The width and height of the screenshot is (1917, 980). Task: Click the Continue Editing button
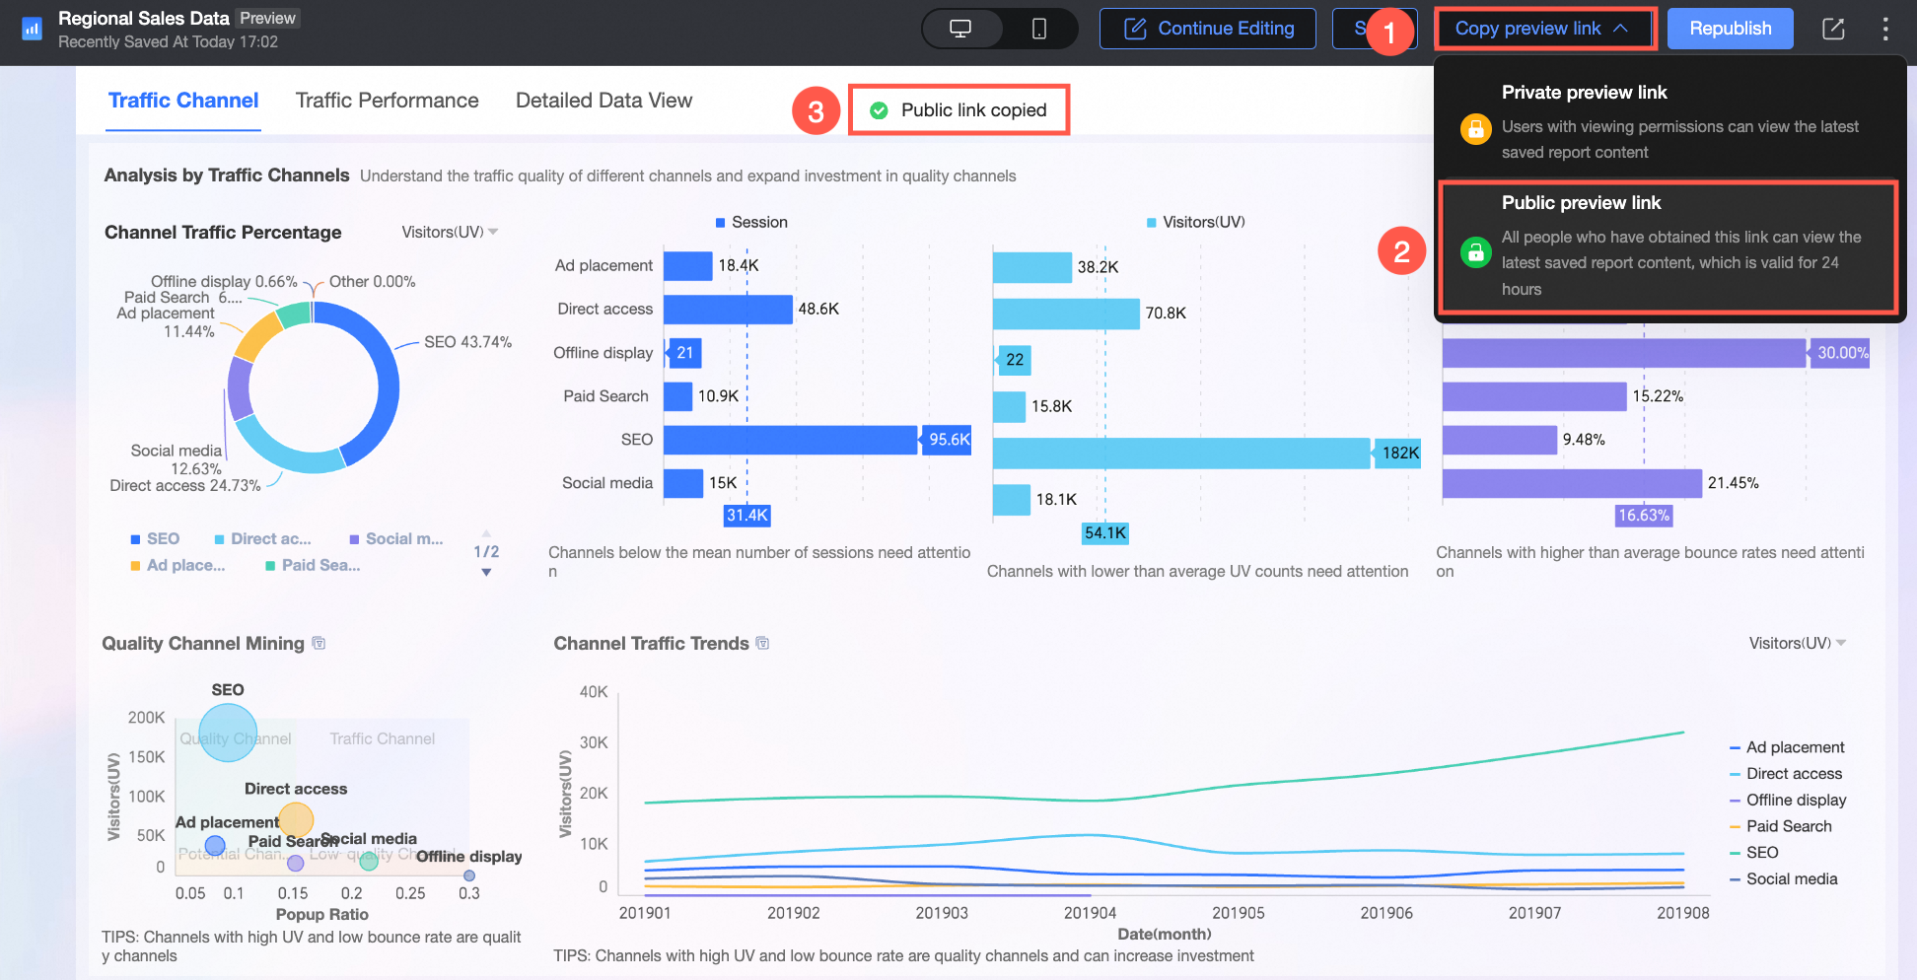pyautogui.click(x=1208, y=29)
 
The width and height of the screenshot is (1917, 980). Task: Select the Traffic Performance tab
pyautogui.click(x=387, y=101)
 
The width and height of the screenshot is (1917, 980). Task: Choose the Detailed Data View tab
pyautogui.click(x=603, y=101)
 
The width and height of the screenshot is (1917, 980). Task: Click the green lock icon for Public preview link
pyautogui.click(x=1475, y=252)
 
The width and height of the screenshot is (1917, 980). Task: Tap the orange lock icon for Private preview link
pyautogui.click(x=1475, y=129)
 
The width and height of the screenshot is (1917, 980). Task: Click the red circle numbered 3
pyautogui.click(x=816, y=111)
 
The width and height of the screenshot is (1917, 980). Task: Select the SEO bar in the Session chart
pyautogui.click(x=790, y=440)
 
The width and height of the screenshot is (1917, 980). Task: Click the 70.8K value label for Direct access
pyautogui.click(x=1166, y=314)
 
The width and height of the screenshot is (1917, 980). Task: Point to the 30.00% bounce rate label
pyautogui.click(x=1842, y=353)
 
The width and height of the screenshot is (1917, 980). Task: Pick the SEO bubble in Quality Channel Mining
pyautogui.click(x=228, y=732)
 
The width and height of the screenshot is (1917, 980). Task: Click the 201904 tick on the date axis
pyautogui.click(x=1090, y=913)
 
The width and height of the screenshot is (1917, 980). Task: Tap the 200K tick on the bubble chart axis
pyautogui.click(x=146, y=718)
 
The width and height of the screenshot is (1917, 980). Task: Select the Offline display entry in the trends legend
pyautogui.click(x=1796, y=800)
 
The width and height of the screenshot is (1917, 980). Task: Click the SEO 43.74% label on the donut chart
pyautogui.click(x=467, y=342)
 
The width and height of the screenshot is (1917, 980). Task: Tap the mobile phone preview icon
pyautogui.click(x=1039, y=29)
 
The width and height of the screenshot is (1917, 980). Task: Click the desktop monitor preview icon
pyautogui.click(x=960, y=29)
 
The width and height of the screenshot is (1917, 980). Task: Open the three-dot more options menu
pyautogui.click(x=1885, y=29)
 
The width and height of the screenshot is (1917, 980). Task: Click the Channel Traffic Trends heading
pyautogui.click(x=651, y=644)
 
